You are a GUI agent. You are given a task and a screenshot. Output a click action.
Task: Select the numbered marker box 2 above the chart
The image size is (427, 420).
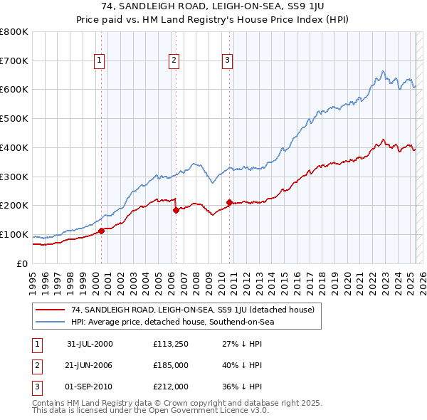tap(174, 61)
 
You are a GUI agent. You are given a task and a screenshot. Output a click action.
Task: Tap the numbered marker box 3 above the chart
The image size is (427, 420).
tap(227, 61)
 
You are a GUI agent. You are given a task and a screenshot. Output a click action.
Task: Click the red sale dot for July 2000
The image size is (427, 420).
tap(101, 230)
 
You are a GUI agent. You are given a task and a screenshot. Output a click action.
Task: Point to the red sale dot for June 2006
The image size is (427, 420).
tap(175, 209)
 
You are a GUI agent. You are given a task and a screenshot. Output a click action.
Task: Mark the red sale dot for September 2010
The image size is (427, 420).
tap(229, 201)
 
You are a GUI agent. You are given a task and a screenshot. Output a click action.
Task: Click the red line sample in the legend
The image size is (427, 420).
tap(51, 310)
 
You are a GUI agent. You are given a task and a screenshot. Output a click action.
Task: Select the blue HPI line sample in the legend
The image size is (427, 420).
tap(51, 322)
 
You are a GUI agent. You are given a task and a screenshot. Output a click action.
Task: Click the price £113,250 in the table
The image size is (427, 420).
tap(169, 344)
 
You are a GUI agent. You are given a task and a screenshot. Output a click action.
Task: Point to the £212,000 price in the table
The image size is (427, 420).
tap(169, 387)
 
